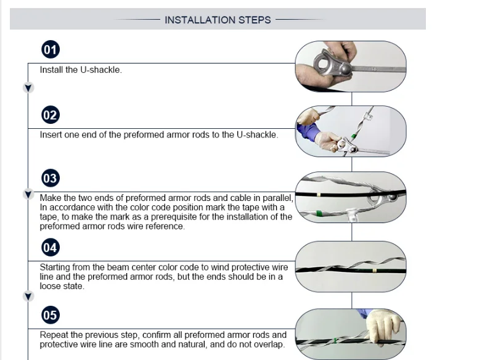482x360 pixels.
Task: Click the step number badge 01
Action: pos(51,49)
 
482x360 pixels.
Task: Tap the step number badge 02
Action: pos(51,115)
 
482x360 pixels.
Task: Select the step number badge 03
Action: pos(51,178)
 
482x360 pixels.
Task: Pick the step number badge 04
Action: pos(51,247)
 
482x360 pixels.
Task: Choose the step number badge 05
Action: pos(51,315)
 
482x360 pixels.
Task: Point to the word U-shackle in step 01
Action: pos(101,70)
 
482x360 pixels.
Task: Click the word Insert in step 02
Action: pos(51,134)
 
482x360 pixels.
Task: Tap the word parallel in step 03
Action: pos(279,198)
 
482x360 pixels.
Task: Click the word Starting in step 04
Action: pos(54,267)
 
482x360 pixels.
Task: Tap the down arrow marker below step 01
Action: pos(28,88)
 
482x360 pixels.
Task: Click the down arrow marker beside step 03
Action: pos(28,194)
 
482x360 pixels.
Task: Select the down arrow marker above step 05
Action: pos(28,297)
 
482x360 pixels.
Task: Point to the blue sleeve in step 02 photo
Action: pos(308,132)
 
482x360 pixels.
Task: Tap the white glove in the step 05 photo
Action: pos(383,326)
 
